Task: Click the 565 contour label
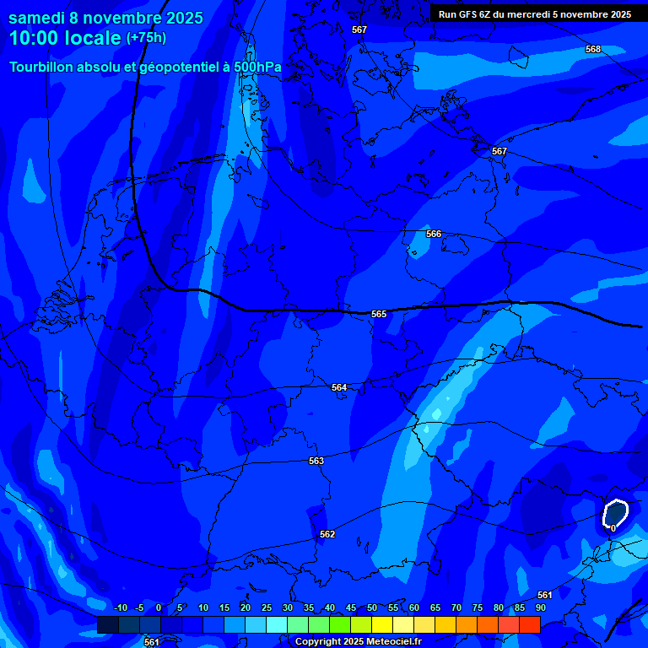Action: click(379, 314)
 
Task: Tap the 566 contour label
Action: click(434, 234)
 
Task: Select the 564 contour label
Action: click(339, 387)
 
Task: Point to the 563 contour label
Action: click(316, 461)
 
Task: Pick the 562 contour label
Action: click(327, 534)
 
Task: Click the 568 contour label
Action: click(593, 49)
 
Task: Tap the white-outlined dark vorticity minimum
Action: click(615, 513)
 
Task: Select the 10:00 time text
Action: click(37, 38)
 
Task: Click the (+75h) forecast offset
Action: click(146, 38)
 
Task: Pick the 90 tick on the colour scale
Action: click(540, 607)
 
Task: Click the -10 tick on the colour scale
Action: click(120, 607)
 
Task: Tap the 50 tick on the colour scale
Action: click(372, 607)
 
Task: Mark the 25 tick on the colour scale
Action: click(267, 607)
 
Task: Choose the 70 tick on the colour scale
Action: click(456, 607)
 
